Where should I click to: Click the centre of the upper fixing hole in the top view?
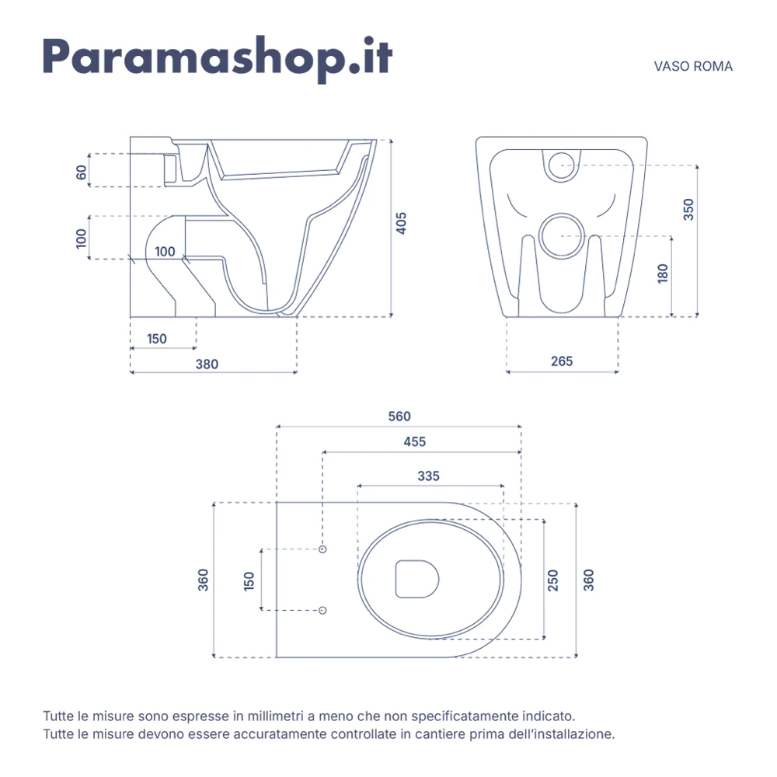point(322,549)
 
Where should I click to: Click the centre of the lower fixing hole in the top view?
point(322,610)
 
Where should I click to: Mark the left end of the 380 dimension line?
point(131,372)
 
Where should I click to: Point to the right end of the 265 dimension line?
point(618,371)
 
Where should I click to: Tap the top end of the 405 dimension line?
point(391,140)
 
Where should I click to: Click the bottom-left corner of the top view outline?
point(276,657)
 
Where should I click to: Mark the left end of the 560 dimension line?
point(277,426)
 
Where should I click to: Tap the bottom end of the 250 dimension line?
point(544,639)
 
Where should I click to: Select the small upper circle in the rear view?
point(562,166)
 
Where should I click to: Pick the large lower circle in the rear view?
point(562,236)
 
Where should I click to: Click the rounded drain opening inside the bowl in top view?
point(417,579)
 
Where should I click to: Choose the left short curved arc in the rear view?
point(516,206)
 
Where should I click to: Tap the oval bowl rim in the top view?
point(430,579)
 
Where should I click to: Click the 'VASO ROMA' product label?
point(693,66)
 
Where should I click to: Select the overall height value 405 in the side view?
point(402,223)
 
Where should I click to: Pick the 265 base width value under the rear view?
point(562,361)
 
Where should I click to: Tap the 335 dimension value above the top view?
point(428,476)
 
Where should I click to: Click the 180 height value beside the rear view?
point(663,274)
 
